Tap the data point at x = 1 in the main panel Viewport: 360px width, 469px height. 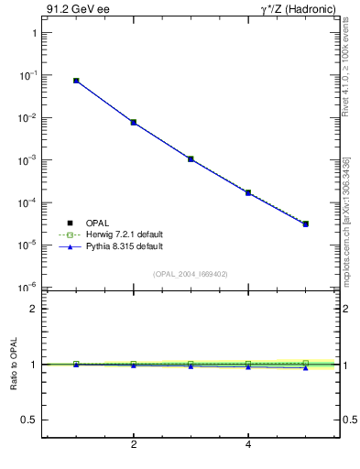tap(76, 81)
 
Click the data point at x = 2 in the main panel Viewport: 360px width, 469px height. tap(134, 122)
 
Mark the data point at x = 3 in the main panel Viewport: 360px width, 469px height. tap(191, 158)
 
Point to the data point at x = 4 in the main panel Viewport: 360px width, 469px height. tap(248, 192)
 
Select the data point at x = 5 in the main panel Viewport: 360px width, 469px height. tap(306, 224)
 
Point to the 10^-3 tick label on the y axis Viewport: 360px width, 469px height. tap(27, 160)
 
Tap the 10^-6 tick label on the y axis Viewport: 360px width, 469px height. tap(27, 288)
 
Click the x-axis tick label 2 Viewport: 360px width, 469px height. tap(134, 446)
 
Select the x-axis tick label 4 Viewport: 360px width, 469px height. tap(248, 446)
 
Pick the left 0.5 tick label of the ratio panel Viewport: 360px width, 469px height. tap(28, 420)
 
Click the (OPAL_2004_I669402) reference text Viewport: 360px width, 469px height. tap(191, 273)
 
